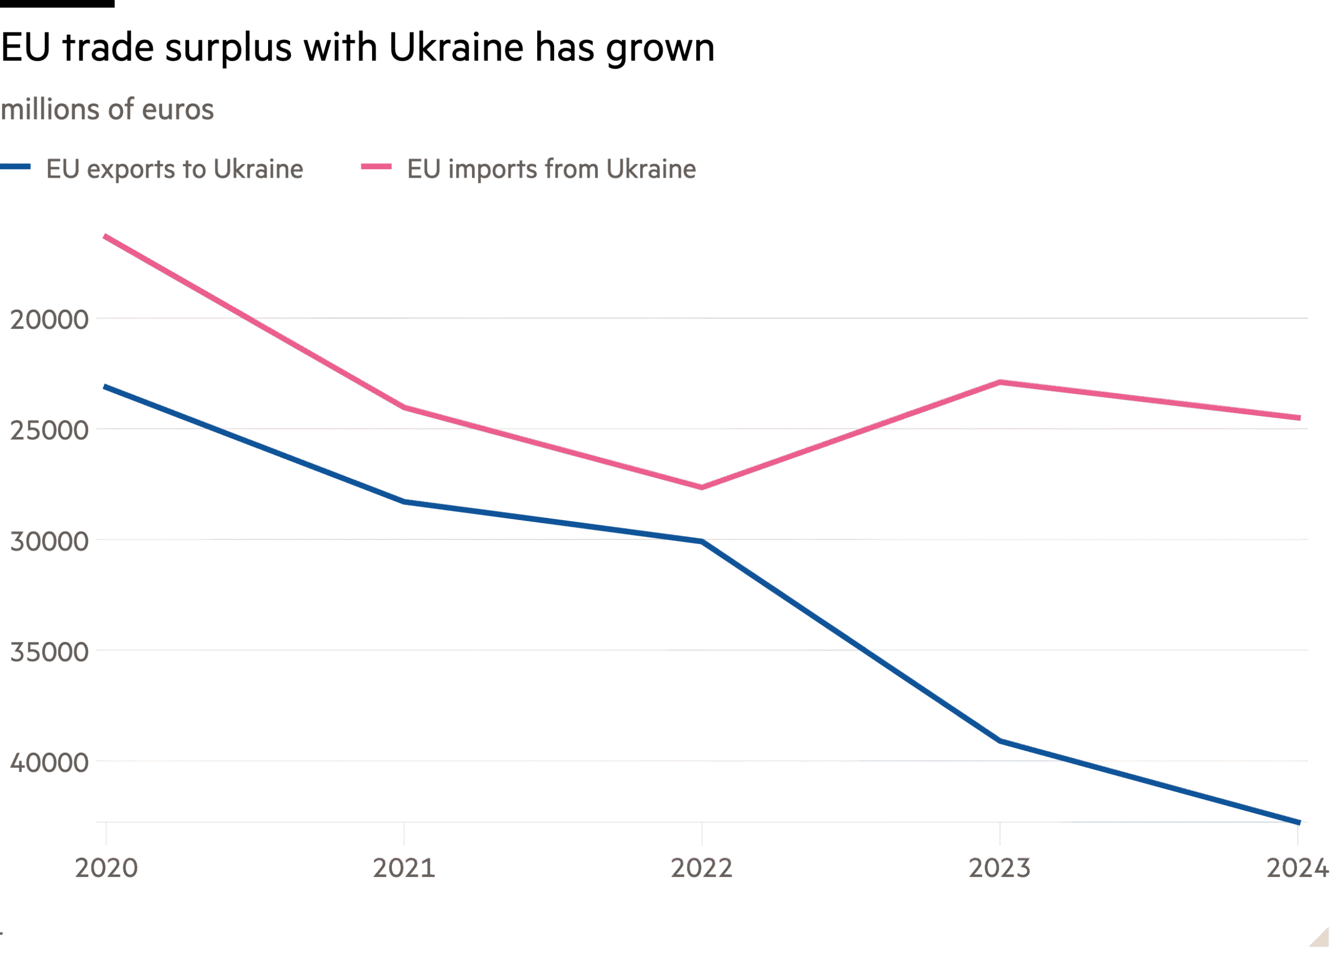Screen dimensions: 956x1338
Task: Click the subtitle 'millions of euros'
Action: (107, 110)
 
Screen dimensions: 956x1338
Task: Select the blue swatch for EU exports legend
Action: (16, 167)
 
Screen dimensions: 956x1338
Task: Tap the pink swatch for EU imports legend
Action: (376, 167)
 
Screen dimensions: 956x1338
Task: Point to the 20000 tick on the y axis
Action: (50, 320)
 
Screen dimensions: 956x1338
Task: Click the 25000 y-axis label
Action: (50, 430)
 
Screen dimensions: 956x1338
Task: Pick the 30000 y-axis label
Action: (50, 541)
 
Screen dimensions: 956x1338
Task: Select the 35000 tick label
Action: (50, 652)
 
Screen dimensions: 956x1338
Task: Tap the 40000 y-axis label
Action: (50, 762)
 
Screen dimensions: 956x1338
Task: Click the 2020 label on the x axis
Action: (107, 868)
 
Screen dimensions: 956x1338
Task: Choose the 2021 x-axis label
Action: (404, 868)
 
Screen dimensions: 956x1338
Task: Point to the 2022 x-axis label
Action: (702, 868)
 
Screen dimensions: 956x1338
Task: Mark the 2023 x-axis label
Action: (999, 868)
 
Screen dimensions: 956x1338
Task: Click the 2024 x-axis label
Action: (1297, 868)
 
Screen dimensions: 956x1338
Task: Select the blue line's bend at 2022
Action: (702, 541)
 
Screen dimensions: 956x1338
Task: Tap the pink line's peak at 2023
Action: (999, 382)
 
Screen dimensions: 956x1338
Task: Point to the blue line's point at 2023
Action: (999, 741)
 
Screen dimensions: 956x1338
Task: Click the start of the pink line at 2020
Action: (106, 237)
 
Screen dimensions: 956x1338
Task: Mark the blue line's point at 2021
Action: (404, 502)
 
